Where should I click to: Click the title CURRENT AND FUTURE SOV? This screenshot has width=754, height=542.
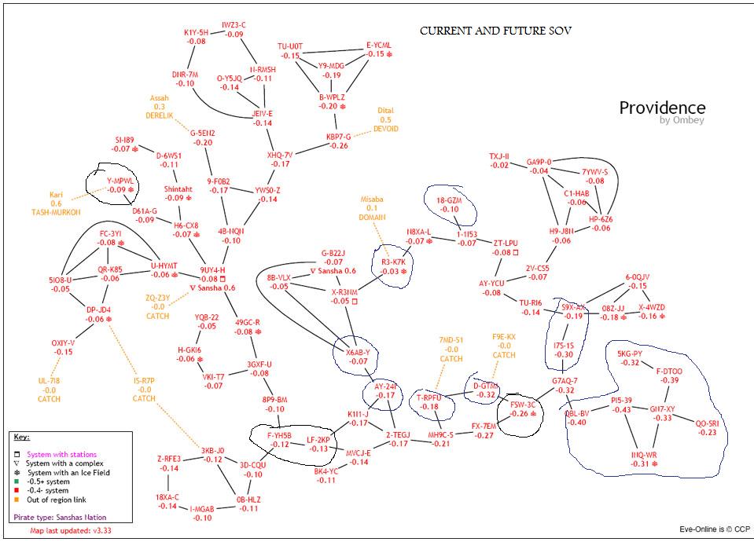495,31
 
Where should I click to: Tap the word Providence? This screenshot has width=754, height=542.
662,108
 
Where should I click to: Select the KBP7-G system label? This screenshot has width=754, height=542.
338,136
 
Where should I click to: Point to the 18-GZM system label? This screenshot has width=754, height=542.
449,200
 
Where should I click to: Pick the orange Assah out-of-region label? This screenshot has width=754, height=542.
159,97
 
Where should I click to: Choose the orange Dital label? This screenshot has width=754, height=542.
385,111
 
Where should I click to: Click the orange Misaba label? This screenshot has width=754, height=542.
372,200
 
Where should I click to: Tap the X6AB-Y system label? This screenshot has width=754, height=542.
358,352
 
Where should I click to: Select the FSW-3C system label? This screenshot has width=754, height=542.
522,404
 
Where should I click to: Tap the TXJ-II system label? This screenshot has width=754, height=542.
499,156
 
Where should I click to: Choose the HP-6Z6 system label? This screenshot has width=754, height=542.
601,218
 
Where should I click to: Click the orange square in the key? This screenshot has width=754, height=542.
17,500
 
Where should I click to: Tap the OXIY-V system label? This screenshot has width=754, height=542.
63,342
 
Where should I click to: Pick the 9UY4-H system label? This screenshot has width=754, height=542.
212,269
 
